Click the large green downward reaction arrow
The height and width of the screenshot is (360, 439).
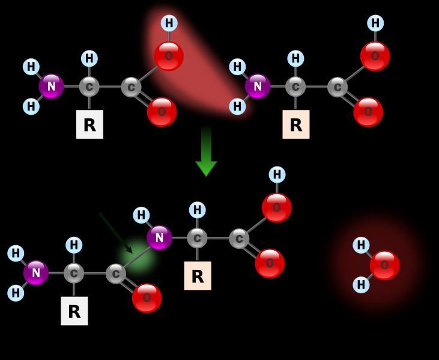pyautogui.click(x=206, y=151)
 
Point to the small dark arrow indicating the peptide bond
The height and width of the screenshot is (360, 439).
pyautogui.click(x=115, y=233)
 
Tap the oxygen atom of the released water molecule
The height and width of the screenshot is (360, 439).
pyautogui.click(x=384, y=265)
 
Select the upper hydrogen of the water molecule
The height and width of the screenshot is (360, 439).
pyautogui.click(x=361, y=245)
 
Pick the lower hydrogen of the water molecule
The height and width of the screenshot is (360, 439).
pyautogui.click(x=361, y=285)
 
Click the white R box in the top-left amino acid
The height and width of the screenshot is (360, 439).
pyautogui.click(x=89, y=124)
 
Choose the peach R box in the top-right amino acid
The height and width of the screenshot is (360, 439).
pyautogui.click(x=296, y=124)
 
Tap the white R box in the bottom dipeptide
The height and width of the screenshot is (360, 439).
pyautogui.click(x=74, y=311)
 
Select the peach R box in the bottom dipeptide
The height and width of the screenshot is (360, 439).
pyautogui.click(x=198, y=276)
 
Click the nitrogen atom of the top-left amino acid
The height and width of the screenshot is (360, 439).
pyautogui.click(x=51, y=87)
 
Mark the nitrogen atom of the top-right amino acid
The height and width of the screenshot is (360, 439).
pyautogui.click(x=258, y=87)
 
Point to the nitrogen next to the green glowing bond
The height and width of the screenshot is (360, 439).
pyautogui.click(x=159, y=238)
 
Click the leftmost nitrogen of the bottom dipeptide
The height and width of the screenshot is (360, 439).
pyautogui.click(x=36, y=273)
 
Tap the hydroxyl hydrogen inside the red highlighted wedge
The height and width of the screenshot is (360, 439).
pyautogui.click(x=169, y=23)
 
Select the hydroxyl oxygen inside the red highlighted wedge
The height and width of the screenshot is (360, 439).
pyautogui.click(x=169, y=56)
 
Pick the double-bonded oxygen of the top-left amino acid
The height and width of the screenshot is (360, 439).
pyautogui.click(x=162, y=112)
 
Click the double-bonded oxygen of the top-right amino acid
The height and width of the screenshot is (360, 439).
pyautogui.click(x=368, y=112)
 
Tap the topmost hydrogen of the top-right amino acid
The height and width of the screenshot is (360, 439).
pyautogui.click(x=375, y=23)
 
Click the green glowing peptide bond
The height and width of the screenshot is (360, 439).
pyautogui.click(x=137, y=257)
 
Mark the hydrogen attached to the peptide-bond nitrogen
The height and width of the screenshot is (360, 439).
pyautogui.click(x=141, y=215)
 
